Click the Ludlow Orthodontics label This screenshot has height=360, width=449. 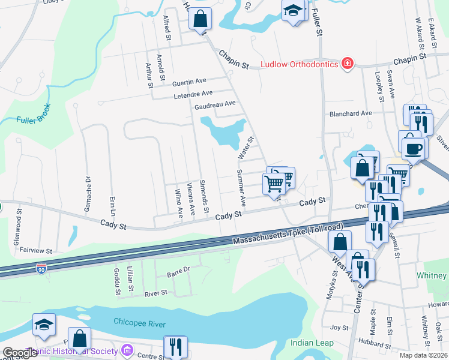tap(298, 64)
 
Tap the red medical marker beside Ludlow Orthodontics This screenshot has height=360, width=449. tap(346, 63)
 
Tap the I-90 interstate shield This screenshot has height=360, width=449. tap(41, 270)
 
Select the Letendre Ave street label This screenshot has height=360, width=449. tap(193, 94)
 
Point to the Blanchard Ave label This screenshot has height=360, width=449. tap(350, 113)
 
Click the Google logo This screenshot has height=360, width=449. tap(20, 353)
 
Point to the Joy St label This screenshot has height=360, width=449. tap(340, 328)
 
